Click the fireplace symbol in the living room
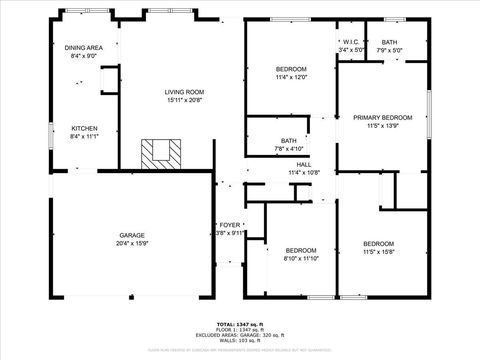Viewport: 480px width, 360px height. tap(161, 153)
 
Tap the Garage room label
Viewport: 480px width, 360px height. tap(132, 235)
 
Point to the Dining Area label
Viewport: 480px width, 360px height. tap(83, 47)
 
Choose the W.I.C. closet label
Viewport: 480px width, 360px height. tap(351, 41)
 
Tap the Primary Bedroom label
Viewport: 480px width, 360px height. tap(382, 117)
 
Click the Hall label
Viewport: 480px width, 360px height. tap(303, 164)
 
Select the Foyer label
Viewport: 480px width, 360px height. tap(230, 226)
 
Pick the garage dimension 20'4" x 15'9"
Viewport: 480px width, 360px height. tap(132, 243)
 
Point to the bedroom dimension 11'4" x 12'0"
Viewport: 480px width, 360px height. tap(290, 76)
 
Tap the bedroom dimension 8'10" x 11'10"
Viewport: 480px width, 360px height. tap(301, 258)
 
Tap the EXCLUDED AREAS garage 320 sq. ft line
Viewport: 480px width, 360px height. tap(240, 335)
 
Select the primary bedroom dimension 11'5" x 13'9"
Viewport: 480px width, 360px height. tap(382, 125)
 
